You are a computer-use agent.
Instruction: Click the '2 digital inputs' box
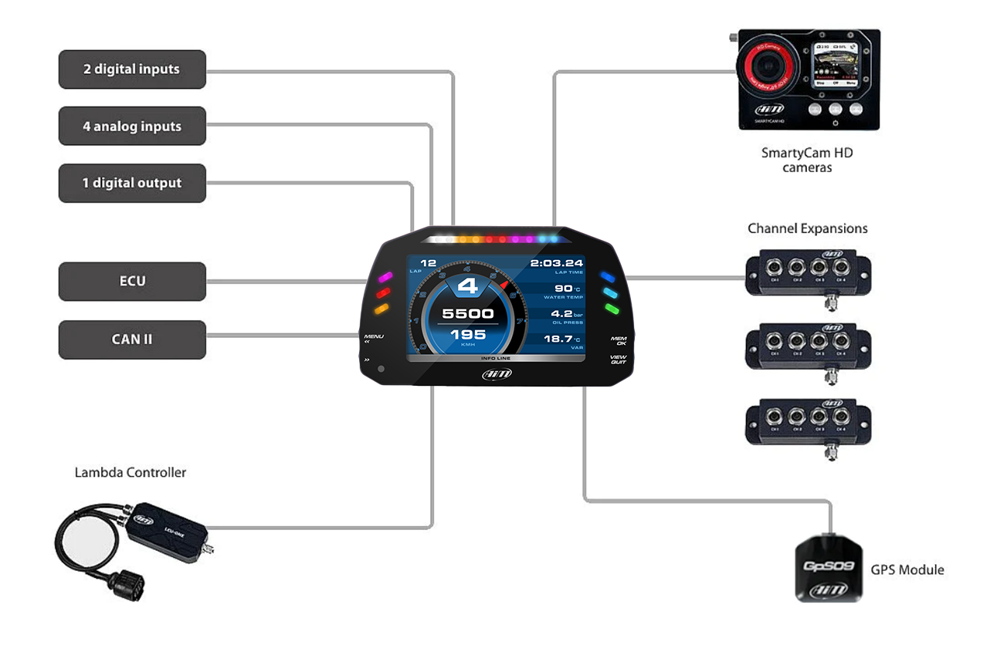pyautogui.click(x=132, y=69)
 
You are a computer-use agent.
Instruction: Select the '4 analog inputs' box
pyautogui.click(x=132, y=126)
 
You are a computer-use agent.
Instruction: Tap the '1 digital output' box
pyautogui.click(x=132, y=183)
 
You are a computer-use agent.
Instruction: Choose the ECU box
pyautogui.click(x=132, y=281)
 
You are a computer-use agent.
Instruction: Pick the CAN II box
pyautogui.click(x=132, y=339)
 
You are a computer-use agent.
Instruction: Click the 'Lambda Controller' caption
pyautogui.click(x=131, y=472)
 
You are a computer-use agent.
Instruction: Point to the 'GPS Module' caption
pyautogui.click(x=907, y=570)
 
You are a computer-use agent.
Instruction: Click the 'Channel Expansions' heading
pyautogui.click(x=807, y=228)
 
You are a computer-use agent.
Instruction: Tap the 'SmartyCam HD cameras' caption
pyautogui.click(x=807, y=160)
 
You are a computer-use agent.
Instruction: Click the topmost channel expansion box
pyautogui.click(x=808, y=272)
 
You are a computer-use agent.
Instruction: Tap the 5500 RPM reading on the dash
pyautogui.click(x=468, y=313)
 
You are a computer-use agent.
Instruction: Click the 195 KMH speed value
pyautogui.click(x=468, y=334)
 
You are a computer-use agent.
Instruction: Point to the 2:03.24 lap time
pyautogui.click(x=556, y=263)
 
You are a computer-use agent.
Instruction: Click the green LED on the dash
pyautogui.click(x=612, y=309)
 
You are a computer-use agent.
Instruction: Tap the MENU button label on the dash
pyautogui.click(x=374, y=337)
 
